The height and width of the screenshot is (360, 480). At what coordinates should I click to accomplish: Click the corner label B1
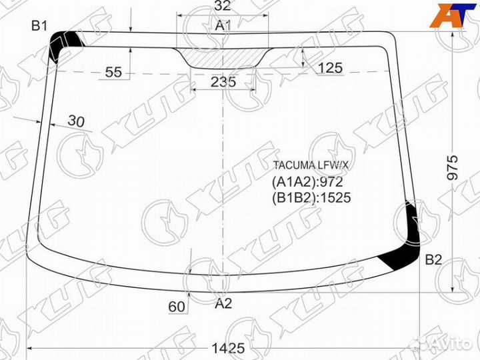click(x=39, y=26)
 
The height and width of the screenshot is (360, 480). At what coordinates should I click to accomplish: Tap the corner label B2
click(x=434, y=260)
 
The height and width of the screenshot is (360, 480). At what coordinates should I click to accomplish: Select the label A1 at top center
click(x=223, y=26)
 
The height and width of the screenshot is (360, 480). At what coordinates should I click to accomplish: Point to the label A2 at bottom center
click(x=223, y=304)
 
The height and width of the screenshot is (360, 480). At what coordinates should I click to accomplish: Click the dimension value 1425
click(x=229, y=349)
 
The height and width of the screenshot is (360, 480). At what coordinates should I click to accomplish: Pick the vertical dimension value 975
click(x=453, y=168)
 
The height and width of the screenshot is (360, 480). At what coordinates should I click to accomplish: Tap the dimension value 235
click(x=223, y=82)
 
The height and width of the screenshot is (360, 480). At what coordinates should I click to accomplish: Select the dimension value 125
click(x=330, y=68)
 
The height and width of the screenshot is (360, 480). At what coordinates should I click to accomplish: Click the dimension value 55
click(x=113, y=72)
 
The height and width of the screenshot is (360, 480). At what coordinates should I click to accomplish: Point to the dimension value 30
click(x=76, y=121)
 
